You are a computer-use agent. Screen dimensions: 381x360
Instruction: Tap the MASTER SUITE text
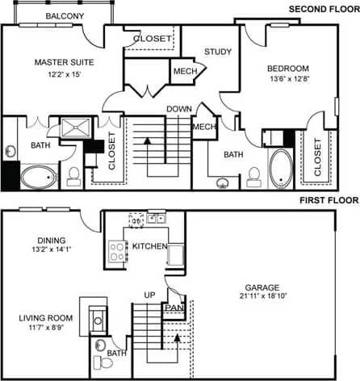[x=63, y=61]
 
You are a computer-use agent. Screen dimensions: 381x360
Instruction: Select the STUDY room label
[x=218, y=52]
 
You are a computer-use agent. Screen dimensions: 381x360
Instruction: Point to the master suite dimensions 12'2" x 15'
[x=63, y=75]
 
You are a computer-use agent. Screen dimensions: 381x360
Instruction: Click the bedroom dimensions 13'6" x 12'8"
[x=288, y=80]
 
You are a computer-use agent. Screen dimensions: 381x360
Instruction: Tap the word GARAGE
[x=263, y=287]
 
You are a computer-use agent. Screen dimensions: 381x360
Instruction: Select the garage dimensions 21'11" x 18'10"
[x=263, y=298]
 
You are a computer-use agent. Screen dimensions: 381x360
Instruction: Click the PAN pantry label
[x=173, y=308]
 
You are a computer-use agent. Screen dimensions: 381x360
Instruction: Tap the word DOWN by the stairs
[x=178, y=109]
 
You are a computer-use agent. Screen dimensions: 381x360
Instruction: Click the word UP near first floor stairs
[x=149, y=295]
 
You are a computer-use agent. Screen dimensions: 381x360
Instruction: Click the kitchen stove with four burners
[x=117, y=250]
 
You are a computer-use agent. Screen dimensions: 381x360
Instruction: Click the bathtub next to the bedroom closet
[x=281, y=168]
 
